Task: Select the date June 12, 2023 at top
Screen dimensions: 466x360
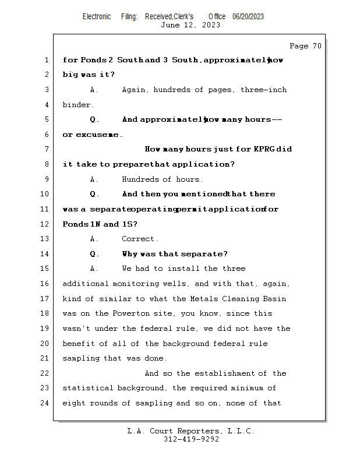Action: [x=190, y=25]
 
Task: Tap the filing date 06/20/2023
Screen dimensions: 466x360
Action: [x=248, y=17]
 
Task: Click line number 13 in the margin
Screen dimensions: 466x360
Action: [x=46, y=239]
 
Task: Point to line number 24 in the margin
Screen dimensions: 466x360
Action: [x=46, y=403]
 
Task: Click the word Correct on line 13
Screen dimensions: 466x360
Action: [x=140, y=239]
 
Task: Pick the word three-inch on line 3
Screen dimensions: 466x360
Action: [x=263, y=90]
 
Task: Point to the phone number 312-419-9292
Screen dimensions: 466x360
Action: [x=191, y=439]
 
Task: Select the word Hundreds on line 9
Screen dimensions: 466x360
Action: [x=140, y=179]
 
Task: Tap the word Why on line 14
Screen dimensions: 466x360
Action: [x=130, y=254]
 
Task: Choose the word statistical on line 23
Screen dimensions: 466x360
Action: [x=87, y=388]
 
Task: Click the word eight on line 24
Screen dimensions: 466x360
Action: [x=74, y=403]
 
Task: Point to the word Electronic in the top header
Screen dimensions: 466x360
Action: [x=97, y=17]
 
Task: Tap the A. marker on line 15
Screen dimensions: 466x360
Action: [x=94, y=269]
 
